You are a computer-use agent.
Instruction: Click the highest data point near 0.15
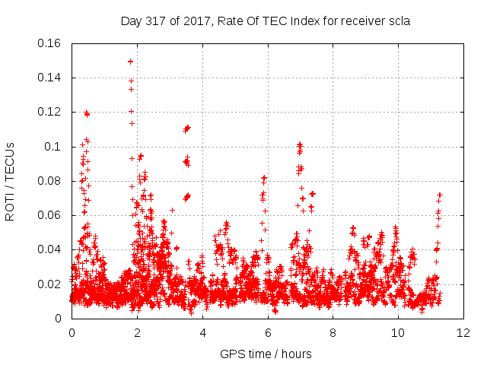tap(130, 62)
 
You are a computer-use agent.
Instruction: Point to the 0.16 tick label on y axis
tap(49, 43)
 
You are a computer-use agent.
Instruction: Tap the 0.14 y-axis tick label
tap(49, 78)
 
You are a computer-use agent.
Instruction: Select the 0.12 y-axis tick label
tap(49, 112)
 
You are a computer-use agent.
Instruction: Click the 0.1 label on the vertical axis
tap(53, 147)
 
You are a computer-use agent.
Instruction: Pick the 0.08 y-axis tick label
tap(49, 181)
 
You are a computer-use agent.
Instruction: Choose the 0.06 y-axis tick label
tap(49, 215)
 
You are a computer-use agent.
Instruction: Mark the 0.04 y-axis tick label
tap(49, 249)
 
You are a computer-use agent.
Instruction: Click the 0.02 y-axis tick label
tap(49, 284)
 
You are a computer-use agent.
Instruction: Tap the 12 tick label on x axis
tap(463, 333)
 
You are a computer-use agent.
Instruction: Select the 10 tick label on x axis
tap(398, 333)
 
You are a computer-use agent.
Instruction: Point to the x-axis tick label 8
tap(333, 333)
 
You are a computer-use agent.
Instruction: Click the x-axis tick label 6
tap(268, 333)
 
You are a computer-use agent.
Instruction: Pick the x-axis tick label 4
tap(202, 333)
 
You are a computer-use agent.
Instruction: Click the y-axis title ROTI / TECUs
tap(10, 182)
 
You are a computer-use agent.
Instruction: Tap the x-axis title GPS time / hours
tap(266, 354)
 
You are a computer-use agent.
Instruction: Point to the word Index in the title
tap(305, 21)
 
